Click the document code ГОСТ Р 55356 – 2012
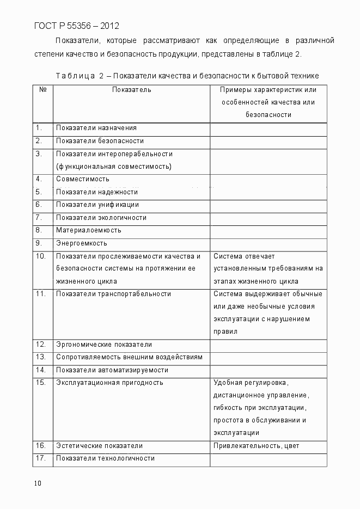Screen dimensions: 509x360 coord(76,26)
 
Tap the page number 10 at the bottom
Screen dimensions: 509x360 coord(37,483)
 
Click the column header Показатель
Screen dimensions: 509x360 coord(131,89)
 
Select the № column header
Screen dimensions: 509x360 coord(42,89)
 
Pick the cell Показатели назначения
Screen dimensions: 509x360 coord(96,128)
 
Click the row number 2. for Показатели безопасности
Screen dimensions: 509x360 coord(39,141)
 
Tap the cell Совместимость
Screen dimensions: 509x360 coord(82,179)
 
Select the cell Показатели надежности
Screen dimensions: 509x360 coord(96,192)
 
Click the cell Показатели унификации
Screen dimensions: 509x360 coord(97,205)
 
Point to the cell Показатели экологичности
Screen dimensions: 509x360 coord(101,218)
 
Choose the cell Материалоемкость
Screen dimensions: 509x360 coord(88,230)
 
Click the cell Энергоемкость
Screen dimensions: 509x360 coord(81,243)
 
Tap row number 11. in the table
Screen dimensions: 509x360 coord(40,294)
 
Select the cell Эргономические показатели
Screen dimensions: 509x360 coord(103,345)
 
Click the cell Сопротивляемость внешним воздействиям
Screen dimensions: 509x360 coord(129,357)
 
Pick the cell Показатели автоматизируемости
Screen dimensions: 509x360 coord(112,370)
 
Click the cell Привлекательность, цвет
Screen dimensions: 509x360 coord(256,446)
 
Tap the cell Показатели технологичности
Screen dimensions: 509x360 coord(105,458)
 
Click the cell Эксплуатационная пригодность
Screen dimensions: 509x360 coord(109,383)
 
